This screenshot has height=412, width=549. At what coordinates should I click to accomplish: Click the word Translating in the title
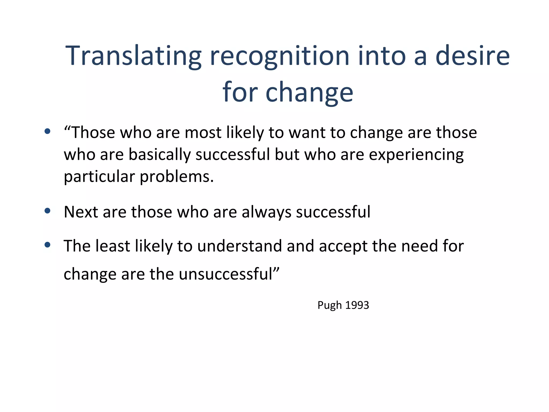[x=133, y=56]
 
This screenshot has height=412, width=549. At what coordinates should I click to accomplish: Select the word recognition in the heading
[x=280, y=56]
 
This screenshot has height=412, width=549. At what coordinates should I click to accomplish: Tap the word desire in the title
[x=472, y=56]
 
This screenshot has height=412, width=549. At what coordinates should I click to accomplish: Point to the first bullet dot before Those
[x=47, y=131]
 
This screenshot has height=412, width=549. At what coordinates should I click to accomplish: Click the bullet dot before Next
[x=47, y=211]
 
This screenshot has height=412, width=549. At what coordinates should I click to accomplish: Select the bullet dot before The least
[x=47, y=245]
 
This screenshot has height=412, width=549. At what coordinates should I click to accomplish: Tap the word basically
[x=159, y=155]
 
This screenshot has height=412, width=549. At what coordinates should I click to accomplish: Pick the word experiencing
[x=416, y=155]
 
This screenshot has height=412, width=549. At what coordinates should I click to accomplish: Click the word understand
[x=240, y=246]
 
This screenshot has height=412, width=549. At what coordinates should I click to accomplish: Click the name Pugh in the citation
[x=329, y=305]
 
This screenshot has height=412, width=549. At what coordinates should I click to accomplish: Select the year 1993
[x=357, y=305]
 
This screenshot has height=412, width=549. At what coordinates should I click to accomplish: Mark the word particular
[x=99, y=177]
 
